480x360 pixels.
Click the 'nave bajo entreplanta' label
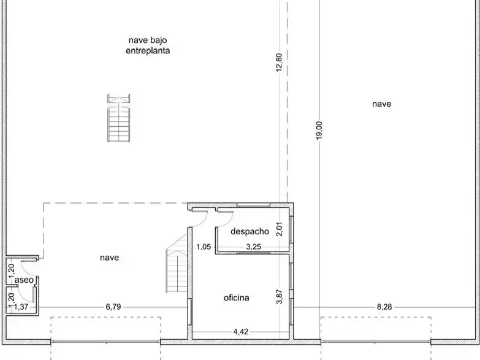click(148, 45)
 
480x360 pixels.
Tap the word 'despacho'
click(250, 231)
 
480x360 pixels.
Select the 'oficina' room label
click(237, 297)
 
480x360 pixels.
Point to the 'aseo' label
click(24, 280)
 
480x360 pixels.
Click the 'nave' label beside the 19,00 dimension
click(382, 104)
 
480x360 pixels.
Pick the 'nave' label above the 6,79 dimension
click(109, 258)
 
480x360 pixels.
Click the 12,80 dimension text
click(279, 63)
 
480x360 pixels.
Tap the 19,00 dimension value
click(319, 131)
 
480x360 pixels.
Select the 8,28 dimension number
click(384, 307)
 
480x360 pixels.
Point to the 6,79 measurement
click(113, 307)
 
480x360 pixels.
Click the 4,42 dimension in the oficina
click(241, 332)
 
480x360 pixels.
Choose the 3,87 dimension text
click(279, 297)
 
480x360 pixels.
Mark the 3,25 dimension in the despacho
click(253, 247)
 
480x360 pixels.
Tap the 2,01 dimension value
click(279, 229)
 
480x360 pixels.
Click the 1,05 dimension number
click(204, 247)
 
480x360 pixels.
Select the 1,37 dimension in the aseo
click(21, 307)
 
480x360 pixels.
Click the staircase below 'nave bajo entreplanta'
click(119, 118)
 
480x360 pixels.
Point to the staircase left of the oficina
click(177, 264)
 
